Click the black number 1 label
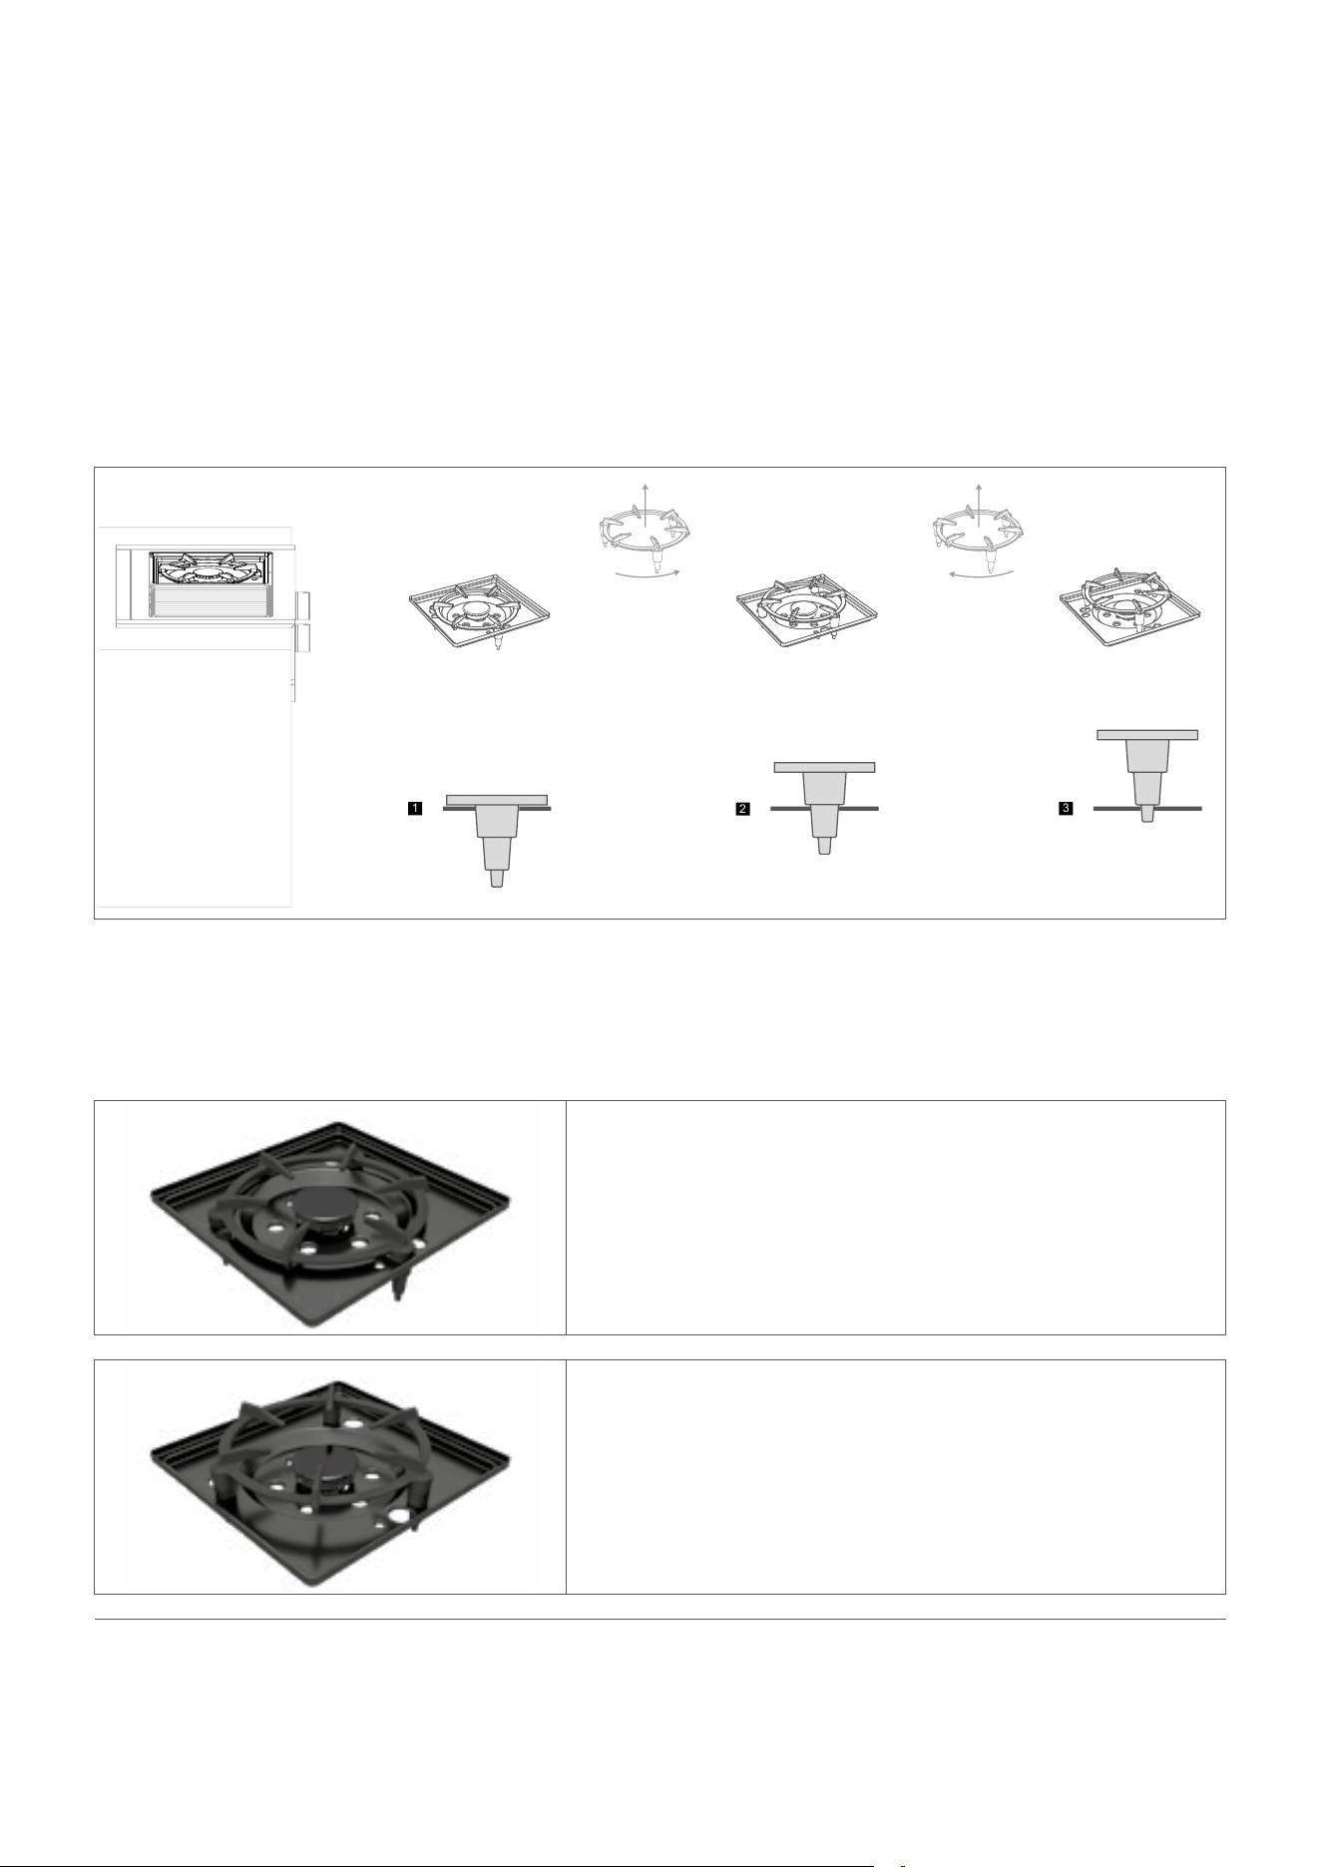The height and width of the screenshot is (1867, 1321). tap(414, 809)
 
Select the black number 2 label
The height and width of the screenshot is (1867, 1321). tap(742, 809)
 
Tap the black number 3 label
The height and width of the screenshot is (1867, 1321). tap(1067, 809)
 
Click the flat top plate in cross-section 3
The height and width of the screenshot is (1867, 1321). tap(1147, 734)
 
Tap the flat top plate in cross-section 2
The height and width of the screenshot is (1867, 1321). tap(824, 768)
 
